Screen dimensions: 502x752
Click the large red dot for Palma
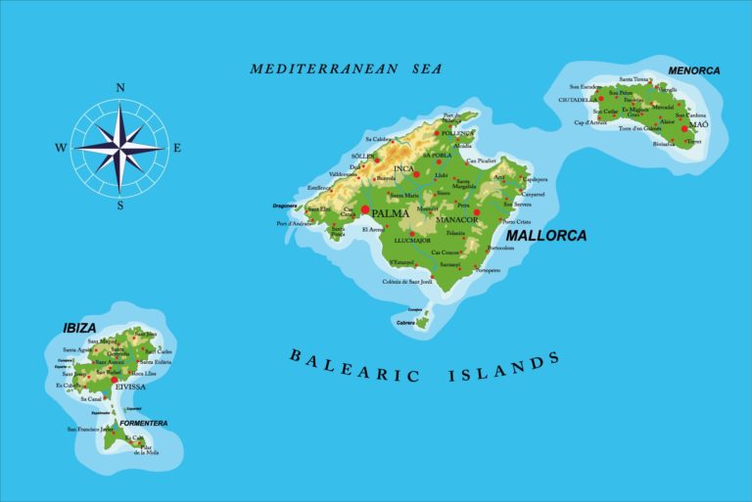365,209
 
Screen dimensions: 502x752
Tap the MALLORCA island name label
546,236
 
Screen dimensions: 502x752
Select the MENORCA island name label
693,70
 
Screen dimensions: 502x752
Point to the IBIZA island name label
80,326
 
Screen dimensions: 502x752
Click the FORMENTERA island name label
143,423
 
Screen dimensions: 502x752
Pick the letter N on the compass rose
120,87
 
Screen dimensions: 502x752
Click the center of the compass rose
120,148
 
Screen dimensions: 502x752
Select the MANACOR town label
456,220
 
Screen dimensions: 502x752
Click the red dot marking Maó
684,128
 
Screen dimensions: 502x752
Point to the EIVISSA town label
129,387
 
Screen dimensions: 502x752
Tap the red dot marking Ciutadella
601,99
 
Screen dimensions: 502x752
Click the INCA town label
404,168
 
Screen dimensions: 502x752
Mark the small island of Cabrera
422,321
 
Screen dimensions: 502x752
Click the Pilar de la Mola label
146,451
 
